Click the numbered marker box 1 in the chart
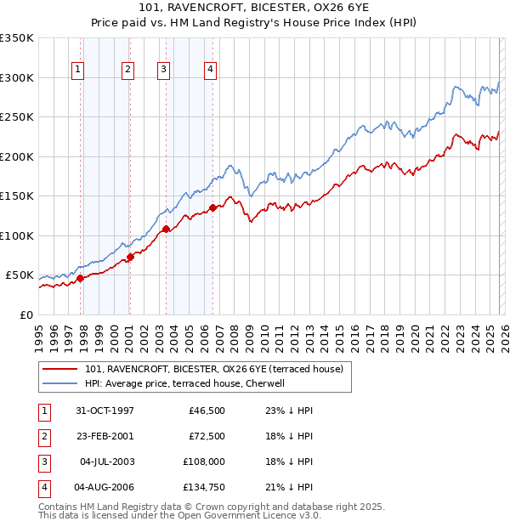tap(78, 70)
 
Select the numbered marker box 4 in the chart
tap(210, 70)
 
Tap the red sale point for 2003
tap(166, 229)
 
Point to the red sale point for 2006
tap(212, 207)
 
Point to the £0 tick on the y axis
tap(27, 315)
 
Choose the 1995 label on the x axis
tap(39, 334)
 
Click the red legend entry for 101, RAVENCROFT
tap(212, 369)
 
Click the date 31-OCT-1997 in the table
tap(104, 411)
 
